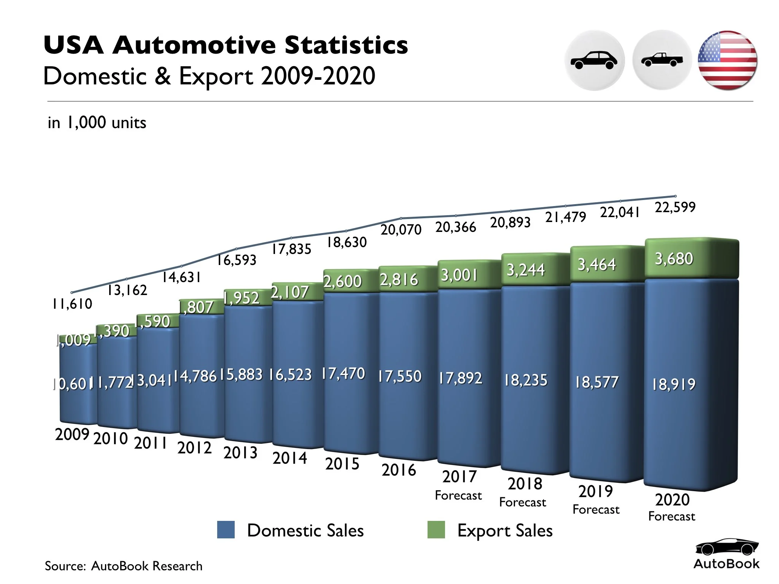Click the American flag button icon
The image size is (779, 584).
tap(727, 60)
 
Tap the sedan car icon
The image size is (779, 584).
tap(594, 60)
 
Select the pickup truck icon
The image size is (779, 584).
tap(661, 60)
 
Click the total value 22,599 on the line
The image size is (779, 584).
tap(675, 207)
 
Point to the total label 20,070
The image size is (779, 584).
tap(401, 230)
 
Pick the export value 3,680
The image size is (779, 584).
tap(674, 259)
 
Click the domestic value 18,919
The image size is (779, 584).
tap(674, 384)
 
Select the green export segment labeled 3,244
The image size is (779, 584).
tap(526, 270)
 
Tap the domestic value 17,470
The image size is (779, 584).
tap(343, 374)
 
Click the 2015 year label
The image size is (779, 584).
tap(342, 464)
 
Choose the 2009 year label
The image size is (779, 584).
tap(72, 434)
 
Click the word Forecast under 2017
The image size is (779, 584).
tap(458, 495)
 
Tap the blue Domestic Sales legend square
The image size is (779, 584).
tap(226, 530)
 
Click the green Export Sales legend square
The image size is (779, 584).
tap(436, 530)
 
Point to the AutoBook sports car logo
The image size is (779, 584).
tap(726, 547)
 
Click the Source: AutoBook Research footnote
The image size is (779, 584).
tap(124, 566)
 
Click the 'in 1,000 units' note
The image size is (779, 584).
tap(97, 123)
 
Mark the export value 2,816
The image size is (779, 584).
tap(399, 280)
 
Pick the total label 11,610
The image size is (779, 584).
tap(72, 304)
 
